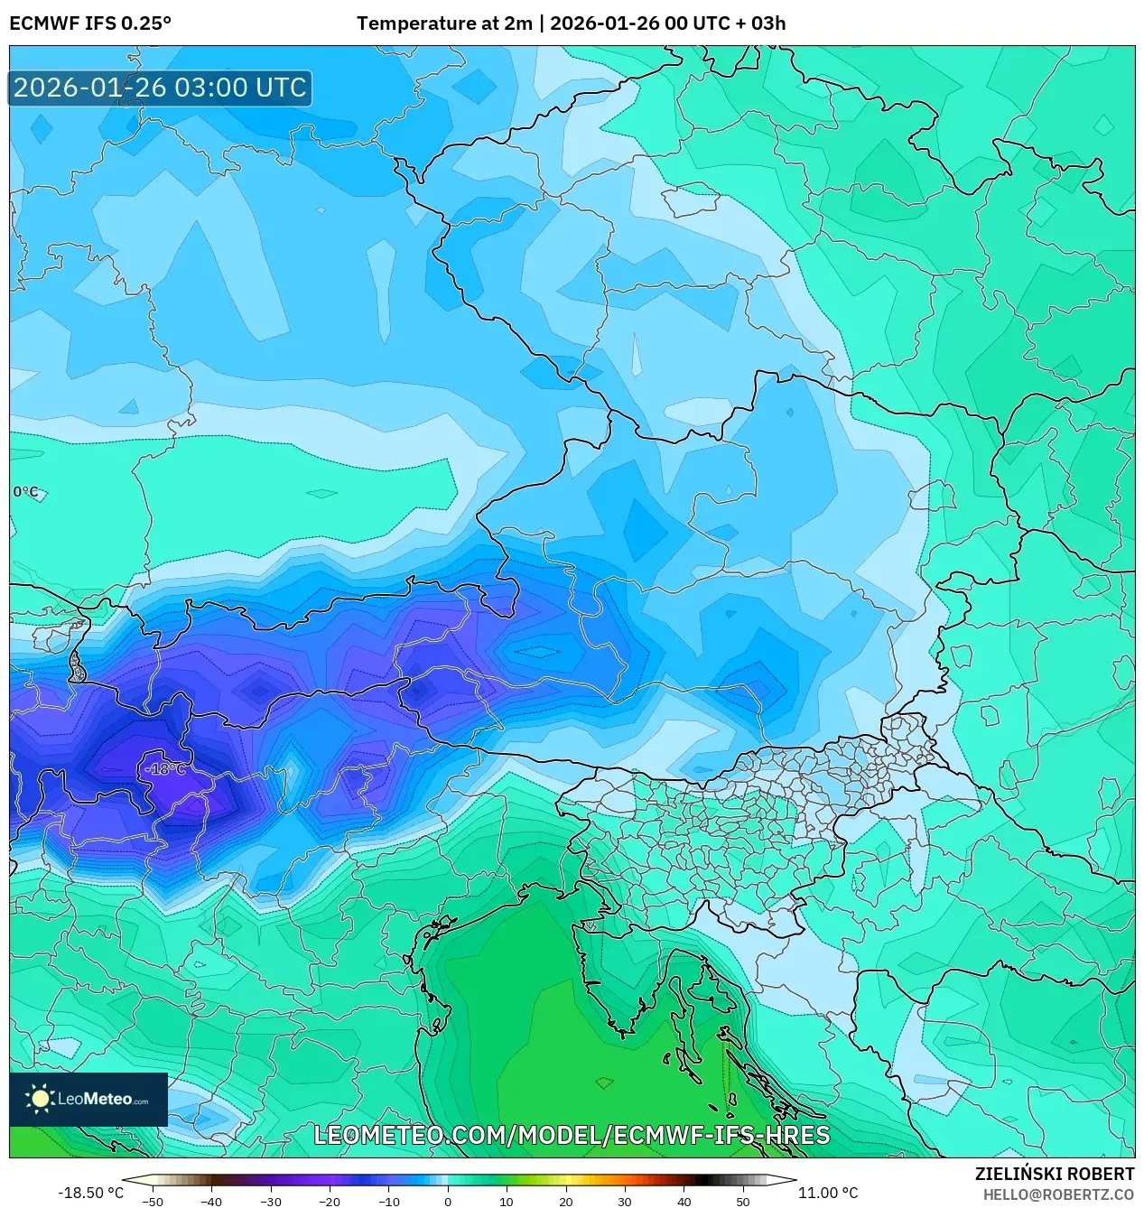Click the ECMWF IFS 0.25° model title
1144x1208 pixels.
click(90, 23)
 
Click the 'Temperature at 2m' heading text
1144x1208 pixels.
click(444, 23)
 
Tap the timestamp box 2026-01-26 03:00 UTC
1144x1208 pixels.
click(160, 88)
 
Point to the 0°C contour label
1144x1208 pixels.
click(26, 492)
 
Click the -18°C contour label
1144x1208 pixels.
click(165, 769)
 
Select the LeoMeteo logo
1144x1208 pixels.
click(88, 1099)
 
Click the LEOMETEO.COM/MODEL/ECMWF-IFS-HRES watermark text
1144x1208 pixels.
click(571, 1135)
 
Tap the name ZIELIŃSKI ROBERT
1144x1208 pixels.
click(1054, 1174)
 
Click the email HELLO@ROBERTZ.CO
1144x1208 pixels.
click(1058, 1194)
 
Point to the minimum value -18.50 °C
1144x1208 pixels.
click(90, 1193)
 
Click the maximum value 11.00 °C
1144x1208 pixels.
click(827, 1193)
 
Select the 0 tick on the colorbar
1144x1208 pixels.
click(447, 1201)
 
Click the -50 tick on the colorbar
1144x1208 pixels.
click(153, 1201)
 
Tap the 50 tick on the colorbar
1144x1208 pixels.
click(742, 1201)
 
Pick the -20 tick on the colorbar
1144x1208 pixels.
click(330, 1201)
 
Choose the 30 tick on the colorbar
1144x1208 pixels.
click(624, 1201)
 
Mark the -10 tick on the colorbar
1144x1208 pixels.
click(388, 1201)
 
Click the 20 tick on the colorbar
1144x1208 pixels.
click(565, 1201)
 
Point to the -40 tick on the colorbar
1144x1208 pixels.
click(211, 1201)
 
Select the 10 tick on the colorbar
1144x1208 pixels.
click(506, 1201)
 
